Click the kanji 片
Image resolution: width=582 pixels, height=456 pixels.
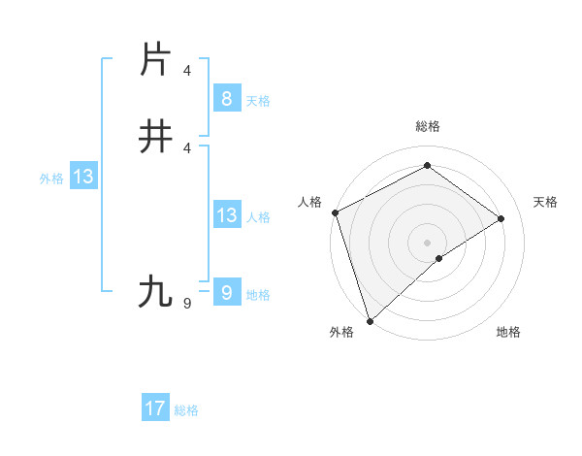pyautogui.click(x=155, y=60)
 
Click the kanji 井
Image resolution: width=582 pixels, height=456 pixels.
pyautogui.click(x=155, y=136)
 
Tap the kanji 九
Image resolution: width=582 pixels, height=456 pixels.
pyautogui.click(x=155, y=291)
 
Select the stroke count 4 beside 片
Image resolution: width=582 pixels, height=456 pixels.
pyautogui.click(x=186, y=71)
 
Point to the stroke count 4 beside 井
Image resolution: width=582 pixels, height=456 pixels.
pyautogui.click(x=186, y=147)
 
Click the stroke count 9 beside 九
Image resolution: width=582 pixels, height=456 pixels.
pyautogui.click(x=186, y=304)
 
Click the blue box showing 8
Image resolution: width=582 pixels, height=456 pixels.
pyautogui.click(x=226, y=98)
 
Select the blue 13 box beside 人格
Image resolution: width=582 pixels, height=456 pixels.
pyautogui.click(x=226, y=215)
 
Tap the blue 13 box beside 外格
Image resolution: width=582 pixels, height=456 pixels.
pyautogui.click(x=82, y=178)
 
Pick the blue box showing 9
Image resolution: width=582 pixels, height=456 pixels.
pyautogui.click(x=226, y=292)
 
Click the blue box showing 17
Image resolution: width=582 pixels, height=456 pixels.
pyautogui.click(x=154, y=408)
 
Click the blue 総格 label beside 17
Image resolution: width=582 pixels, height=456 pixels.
pyautogui.click(x=186, y=410)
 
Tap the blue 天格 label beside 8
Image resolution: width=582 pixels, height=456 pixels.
pyautogui.click(x=258, y=100)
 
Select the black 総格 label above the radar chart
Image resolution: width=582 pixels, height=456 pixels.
pyautogui.click(x=427, y=126)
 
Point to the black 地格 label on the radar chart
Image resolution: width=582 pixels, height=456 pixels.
pyautogui.click(x=508, y=332)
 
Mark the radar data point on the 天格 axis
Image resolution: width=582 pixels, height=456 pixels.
pyautogui.click(x=501, y=218)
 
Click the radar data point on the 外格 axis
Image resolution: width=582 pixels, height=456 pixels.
pyautogui.click(x=369, y=320)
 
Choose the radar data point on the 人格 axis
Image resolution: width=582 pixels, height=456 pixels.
pyautogui.click(x=335, y=212)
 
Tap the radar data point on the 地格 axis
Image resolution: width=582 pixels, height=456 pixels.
pyautogui.click(x=439, y=258)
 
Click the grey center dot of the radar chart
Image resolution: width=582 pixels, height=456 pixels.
pyautogui.click(x=427, y=242)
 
